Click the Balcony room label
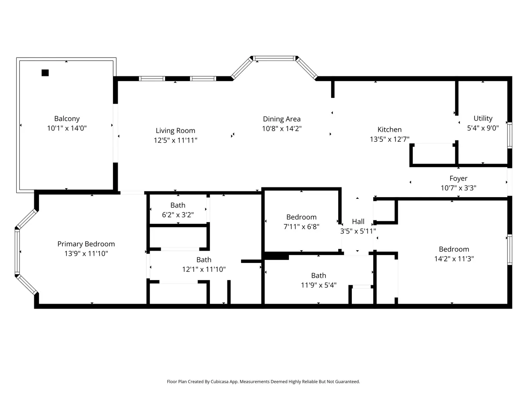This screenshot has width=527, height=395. [67, 118]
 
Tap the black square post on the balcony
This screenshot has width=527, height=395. [45, 73]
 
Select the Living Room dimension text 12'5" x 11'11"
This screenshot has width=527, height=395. [176, 140]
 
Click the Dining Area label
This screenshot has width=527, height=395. [282, 119]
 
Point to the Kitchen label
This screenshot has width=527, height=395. [390, 129]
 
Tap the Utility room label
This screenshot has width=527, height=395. [483, 118]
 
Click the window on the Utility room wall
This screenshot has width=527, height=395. [509, 135]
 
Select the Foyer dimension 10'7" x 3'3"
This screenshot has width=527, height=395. [458, 188]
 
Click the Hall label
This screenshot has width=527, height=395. [358, 221]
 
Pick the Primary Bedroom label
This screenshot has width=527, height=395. [86, 244]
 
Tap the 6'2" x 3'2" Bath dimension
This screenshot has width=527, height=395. [178, 215]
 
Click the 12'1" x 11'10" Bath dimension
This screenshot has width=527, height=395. [204, 269]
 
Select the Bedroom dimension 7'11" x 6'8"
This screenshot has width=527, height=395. [301, 226]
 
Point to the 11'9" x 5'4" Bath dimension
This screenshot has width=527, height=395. [318, 285]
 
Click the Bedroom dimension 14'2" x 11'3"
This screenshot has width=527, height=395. [454, 259]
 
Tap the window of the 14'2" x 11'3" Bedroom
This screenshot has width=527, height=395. [509, 250]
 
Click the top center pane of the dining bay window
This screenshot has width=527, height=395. [274, 58]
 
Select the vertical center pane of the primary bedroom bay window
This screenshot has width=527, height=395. [17, 251]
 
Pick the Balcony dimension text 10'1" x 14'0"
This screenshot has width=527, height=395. [67, 128]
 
